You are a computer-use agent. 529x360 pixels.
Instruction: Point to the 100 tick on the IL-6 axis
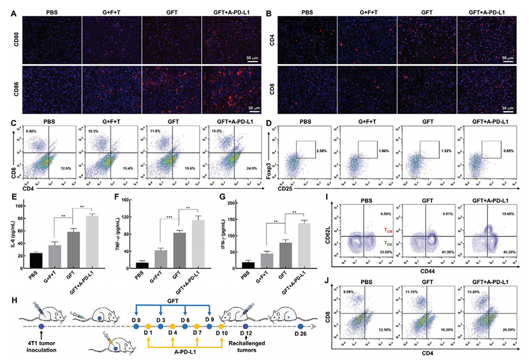(x=22, y=205)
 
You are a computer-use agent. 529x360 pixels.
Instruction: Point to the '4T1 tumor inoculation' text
(x=42, y=343)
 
